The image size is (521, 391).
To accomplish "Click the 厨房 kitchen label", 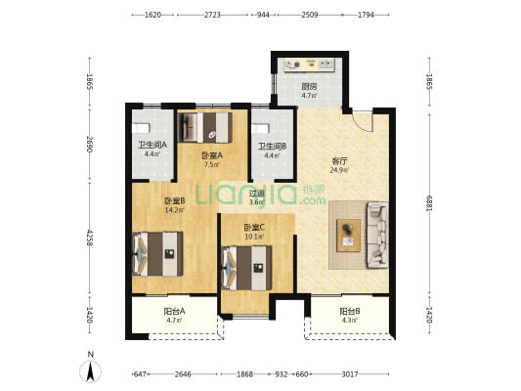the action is (309, 87).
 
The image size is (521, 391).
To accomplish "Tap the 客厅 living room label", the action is (339, 161).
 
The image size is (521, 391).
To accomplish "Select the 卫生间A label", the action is (152, 146).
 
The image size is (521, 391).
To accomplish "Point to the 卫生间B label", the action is (273, 147).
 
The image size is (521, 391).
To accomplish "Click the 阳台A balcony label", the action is (174, 311).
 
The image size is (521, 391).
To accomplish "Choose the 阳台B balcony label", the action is (350, 311).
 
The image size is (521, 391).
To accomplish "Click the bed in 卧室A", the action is (205, 128).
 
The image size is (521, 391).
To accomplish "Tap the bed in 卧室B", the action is (157, 254).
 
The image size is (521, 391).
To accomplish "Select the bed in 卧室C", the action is (246, 268).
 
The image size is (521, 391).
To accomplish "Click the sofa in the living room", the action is (377, 235).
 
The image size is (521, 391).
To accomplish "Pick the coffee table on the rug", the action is (348, 236).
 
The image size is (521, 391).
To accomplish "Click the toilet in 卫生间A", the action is (141, 128).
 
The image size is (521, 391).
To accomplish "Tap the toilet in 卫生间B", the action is (260, 129).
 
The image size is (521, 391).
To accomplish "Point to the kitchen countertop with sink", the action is (309, 65).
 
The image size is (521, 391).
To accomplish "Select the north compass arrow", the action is (90, 371).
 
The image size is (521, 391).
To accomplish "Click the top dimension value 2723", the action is (212, 15).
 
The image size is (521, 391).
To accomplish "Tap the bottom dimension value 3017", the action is (350, 374).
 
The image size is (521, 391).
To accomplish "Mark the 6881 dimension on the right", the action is (429, 203).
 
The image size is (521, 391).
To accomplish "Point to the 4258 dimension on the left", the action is (89, 238).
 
